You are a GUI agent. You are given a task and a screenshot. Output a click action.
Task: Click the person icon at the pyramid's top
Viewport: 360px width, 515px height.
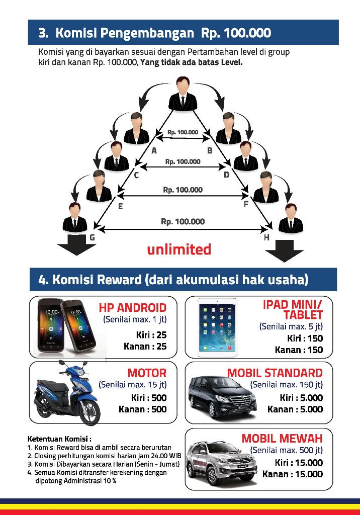182,94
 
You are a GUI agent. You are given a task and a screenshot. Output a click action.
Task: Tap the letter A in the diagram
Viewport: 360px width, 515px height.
154,150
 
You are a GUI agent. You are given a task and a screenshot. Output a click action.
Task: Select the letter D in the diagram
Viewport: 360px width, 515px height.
227,175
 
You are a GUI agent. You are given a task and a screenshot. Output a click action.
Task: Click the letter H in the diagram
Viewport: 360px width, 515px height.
266,237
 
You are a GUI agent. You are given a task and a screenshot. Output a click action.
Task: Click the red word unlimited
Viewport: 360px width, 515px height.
179,249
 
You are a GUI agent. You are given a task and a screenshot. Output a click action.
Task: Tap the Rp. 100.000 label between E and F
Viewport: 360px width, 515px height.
183,190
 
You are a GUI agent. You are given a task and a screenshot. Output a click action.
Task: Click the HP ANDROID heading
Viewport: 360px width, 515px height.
132,307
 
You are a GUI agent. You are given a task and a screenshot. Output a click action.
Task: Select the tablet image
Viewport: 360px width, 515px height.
217,327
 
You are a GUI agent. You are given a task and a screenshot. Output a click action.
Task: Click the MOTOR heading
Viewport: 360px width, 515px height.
147,373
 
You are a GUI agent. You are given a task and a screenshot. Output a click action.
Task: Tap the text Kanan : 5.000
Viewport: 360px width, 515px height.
295,409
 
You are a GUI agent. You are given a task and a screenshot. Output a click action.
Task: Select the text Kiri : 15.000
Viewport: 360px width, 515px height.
299,462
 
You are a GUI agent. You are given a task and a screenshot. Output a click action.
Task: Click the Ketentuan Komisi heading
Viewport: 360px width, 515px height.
59,438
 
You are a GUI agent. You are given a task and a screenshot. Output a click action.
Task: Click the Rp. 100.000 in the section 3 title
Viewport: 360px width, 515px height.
236,33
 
